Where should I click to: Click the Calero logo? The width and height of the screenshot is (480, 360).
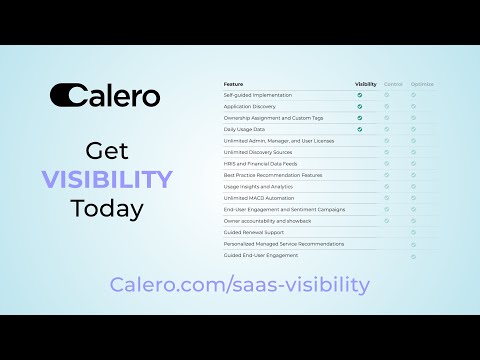[105, 95]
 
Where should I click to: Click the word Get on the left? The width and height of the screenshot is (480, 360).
[106, 152]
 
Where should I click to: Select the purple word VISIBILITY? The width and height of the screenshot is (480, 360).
[106, 180]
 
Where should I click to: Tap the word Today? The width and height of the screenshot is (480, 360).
[106, 209]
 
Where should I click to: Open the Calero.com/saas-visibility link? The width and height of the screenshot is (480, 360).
[240, 285]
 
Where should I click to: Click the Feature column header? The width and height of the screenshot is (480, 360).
[233, 84]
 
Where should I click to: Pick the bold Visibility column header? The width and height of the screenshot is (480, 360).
[366, 84]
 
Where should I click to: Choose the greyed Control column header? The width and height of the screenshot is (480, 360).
[393, 84]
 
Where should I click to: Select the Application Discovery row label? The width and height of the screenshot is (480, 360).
[250, 106]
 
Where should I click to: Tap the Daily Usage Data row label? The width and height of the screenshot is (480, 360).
[245, 129]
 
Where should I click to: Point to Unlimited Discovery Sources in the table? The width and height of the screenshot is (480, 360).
[259, 152]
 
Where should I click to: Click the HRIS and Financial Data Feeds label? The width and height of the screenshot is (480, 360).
[259, 163]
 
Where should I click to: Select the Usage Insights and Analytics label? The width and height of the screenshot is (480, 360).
[259, 186]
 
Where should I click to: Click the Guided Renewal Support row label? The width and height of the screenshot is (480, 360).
[253, 232]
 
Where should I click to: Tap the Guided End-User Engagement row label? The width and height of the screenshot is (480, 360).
[261, 255]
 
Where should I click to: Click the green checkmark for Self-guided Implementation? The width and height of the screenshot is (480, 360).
[360, 95]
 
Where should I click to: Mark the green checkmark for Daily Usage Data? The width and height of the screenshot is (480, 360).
[360, 129]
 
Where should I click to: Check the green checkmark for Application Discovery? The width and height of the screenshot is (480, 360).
[360, 106]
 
